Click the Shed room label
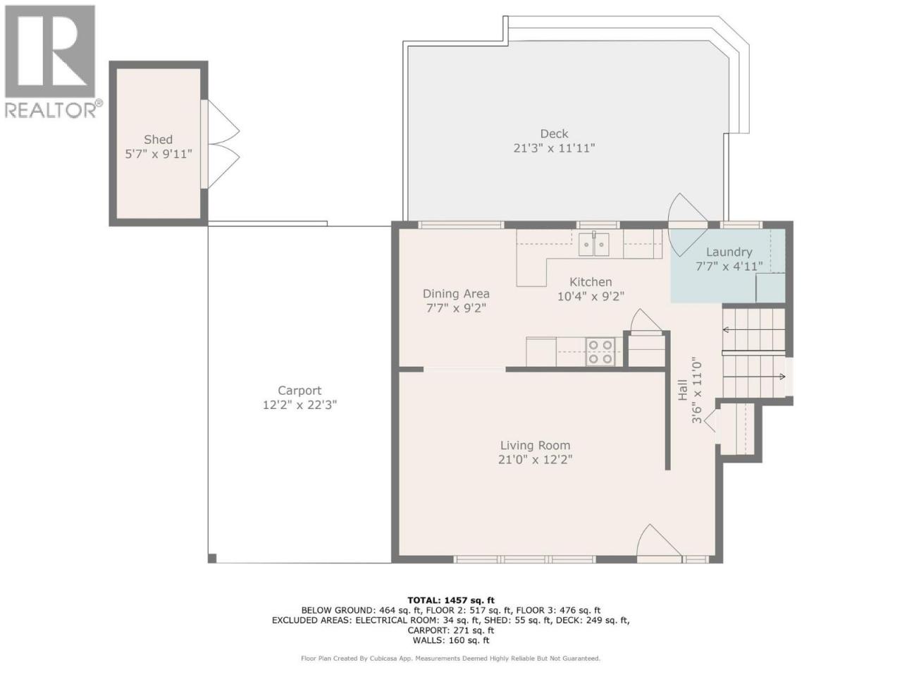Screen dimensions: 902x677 (158, 140)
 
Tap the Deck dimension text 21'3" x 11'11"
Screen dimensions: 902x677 (554, 148)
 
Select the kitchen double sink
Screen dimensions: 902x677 (593, 244)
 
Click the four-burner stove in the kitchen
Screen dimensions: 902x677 (600, 351)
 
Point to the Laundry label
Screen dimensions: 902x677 (729, 252)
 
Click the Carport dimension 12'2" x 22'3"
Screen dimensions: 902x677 (299, 405)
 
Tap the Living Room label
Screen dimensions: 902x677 (535, 445)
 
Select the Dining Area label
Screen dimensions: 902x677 (456, 294)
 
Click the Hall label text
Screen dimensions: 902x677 (683, 390)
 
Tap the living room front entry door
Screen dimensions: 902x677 (659, 542)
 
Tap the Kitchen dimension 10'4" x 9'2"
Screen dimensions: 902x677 (591, 296)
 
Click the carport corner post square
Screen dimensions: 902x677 (212, 559)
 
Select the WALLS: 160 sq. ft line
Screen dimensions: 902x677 (451, 640)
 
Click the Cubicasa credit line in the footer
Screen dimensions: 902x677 (451, 659)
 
